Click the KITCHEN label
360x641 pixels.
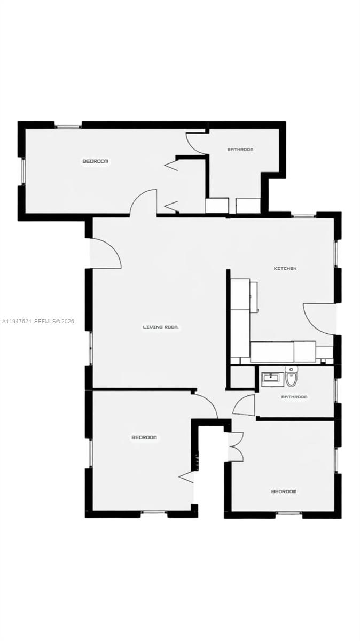(285, 268)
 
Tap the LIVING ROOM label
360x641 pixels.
(160, 327)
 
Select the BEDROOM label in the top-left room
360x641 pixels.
(95, 161)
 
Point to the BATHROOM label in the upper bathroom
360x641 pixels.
(240, 150)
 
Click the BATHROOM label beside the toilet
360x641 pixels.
(294, 397)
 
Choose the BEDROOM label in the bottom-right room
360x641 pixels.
(284, 491)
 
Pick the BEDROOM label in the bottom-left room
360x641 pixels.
(144, 437)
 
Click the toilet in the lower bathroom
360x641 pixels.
(291, 378)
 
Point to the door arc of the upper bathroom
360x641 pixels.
(194, 144)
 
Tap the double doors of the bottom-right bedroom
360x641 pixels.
(236, 446)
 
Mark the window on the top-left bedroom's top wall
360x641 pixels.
(68, 126)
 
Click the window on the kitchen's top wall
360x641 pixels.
(303, 215)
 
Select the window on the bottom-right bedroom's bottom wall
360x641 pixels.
(289, 514)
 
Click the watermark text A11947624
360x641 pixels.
(17, 322)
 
